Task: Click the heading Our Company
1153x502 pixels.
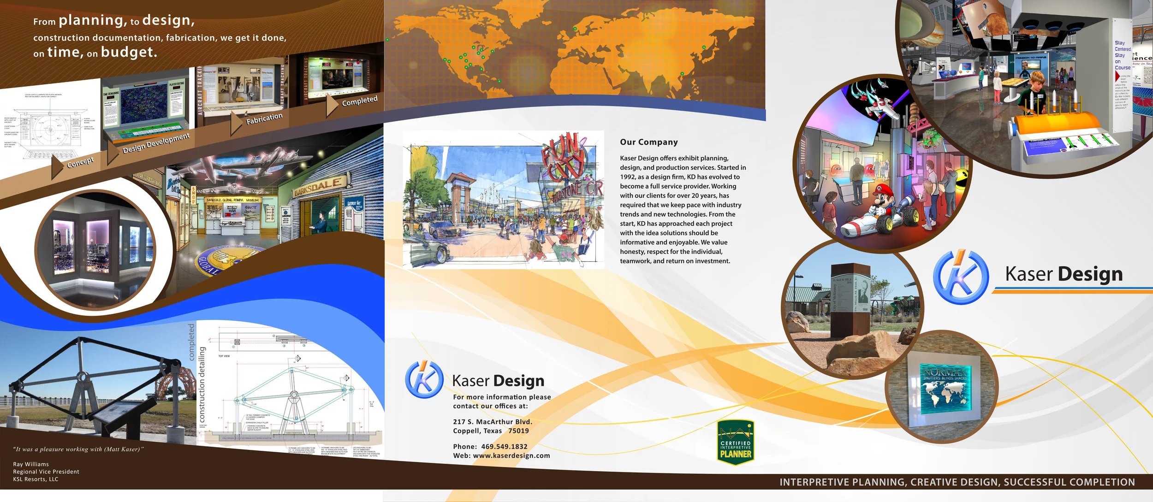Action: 648,142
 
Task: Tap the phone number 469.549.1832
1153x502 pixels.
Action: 504,446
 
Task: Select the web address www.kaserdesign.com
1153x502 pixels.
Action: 511,455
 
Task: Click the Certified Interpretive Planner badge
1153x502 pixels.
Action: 736,443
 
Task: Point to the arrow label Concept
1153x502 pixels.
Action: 80,162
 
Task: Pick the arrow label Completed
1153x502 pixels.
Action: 359,101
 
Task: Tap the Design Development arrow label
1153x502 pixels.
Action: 156,143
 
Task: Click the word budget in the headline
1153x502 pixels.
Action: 129,52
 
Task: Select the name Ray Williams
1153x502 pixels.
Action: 31,464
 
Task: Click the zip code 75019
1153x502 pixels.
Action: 518,431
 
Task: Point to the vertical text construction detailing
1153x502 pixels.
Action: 202,384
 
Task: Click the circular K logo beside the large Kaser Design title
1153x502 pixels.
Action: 961,277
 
